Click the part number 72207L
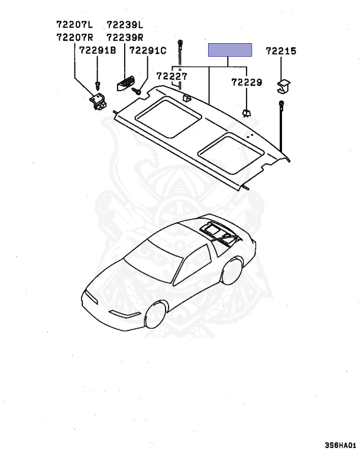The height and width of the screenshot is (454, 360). [74, 25]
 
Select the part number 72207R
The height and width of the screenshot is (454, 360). [74, 37]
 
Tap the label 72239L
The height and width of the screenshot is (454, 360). [125, 25]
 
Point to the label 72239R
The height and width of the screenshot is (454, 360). [125, 37]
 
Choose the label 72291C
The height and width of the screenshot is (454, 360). [148, 51]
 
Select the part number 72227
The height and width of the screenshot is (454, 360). [172, 76]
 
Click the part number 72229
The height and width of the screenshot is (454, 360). [246, 83]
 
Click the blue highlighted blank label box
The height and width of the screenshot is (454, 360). [229, 50]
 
